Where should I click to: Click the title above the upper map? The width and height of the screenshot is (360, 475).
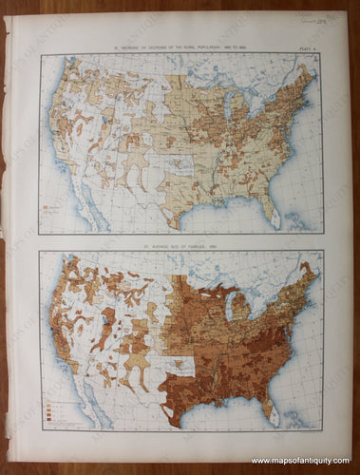point(180,47)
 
